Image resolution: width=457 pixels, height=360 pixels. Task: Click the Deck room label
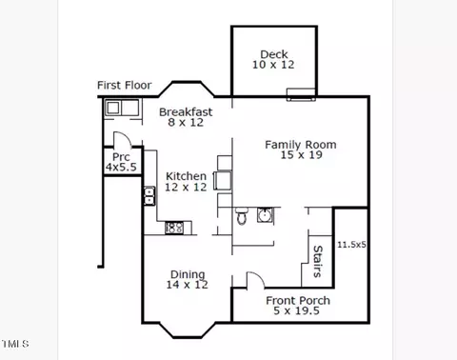click(274, 54)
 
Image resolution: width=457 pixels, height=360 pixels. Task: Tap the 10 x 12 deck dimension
click(273, 65)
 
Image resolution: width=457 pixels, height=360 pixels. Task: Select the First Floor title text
click(125, 85)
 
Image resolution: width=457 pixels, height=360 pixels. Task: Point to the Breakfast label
click(186, 111)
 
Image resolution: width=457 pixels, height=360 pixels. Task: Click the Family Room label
click(301, 145)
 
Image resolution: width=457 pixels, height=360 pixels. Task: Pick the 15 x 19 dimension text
click(301, 155)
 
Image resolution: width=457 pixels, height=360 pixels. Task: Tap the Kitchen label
click(186, 176)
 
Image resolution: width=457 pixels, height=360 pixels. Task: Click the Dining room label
click(188, 274)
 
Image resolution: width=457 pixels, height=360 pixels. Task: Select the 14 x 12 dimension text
click(188, 285)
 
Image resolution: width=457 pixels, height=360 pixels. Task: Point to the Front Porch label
click(298, 300)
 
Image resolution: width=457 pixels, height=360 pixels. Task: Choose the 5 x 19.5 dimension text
click(296, 310)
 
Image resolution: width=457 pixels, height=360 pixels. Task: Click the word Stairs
click(318, 262)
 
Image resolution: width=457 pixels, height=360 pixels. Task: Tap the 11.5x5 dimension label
click(351, 245)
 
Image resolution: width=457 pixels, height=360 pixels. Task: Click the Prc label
click(121, 157)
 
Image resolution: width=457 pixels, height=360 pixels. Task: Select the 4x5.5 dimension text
click(121, 167)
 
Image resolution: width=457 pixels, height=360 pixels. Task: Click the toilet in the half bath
click(242, 215)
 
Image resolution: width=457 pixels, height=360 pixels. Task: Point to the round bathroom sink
click(265, 215)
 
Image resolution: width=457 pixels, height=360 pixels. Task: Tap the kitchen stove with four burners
click(174, 228)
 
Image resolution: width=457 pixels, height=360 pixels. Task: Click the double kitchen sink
click(149, 196)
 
